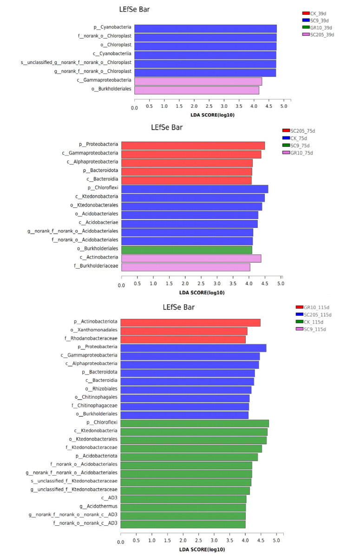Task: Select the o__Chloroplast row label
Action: [116, 45]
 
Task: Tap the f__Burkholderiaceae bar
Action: [186, 267]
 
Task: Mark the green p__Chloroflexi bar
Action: [195, 423]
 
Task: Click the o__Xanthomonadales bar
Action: [184, 331]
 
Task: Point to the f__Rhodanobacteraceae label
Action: [94, 339]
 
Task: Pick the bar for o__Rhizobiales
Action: [186, 389]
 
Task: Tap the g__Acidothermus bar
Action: [183, 507]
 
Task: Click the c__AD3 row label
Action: [106, 498]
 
